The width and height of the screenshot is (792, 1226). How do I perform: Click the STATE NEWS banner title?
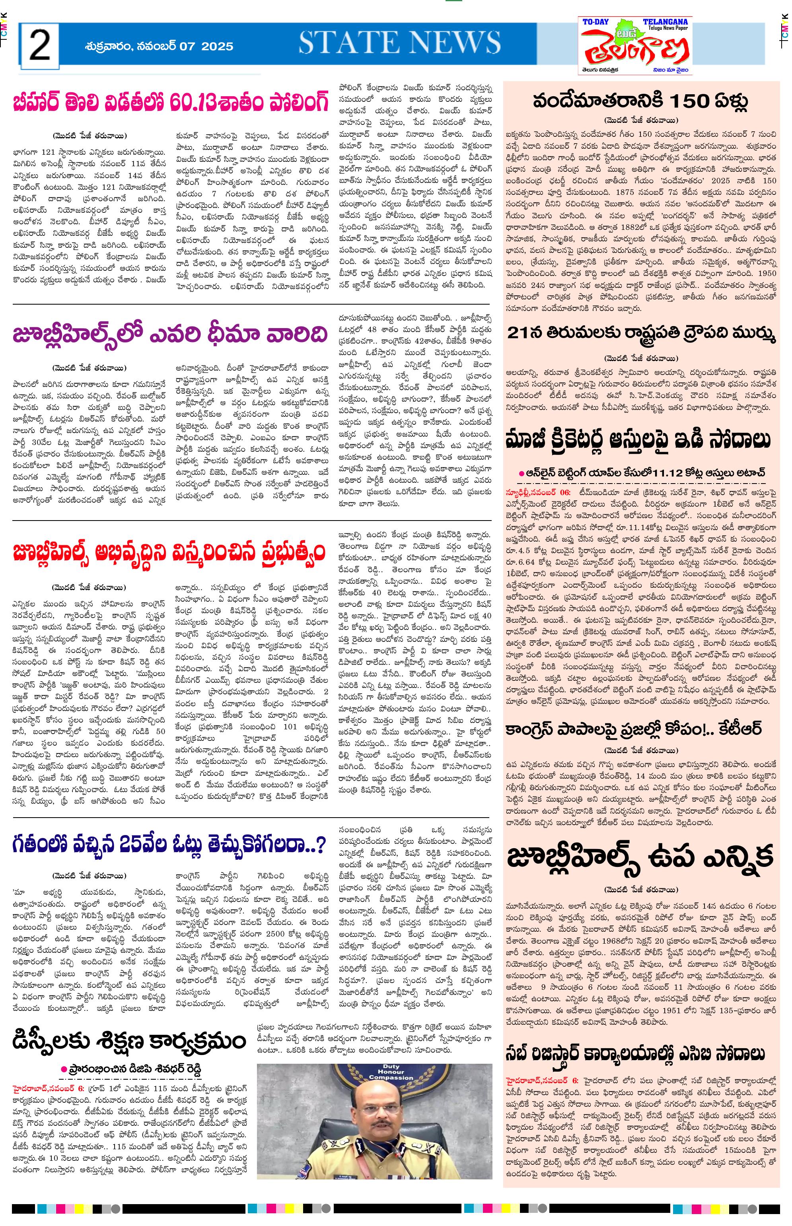point(400,43)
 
